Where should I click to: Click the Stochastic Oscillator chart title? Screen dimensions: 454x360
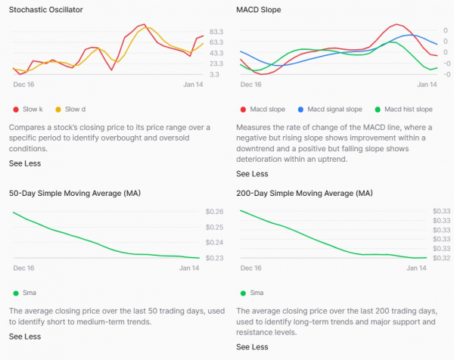[x=45, y=10]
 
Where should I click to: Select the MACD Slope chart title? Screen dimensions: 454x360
[x=259, y=10]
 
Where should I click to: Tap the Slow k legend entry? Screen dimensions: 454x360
[x=28, y=109]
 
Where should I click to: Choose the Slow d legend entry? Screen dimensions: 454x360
[x=70, y=109]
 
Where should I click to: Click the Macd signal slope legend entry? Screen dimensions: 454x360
[x=330, y=109]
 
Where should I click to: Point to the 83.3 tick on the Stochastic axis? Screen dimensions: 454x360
[x=216, y=32]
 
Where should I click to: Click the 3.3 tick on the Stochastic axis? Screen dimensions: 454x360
[x=214, y=74]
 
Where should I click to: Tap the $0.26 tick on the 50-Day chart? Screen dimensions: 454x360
[x=215, y=212]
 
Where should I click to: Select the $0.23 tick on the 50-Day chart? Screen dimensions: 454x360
[x=215, y=258]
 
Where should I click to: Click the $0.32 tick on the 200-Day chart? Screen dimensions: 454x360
[x=442, y=258]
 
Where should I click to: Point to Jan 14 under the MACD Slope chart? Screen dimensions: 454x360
[x=427, y=85]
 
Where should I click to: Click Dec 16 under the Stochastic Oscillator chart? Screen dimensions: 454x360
[x=23, y=85]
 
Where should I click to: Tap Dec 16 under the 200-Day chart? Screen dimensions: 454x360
[x=250, y=268]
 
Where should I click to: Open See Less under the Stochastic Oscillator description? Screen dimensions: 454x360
[x=25, y=163]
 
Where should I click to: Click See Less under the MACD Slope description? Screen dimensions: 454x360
[x=252, y=174]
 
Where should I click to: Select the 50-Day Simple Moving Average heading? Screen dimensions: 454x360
[x=75, y=193]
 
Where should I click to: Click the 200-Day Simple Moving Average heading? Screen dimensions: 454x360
[x=304, y=193]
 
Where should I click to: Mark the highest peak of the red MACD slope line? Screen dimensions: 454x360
[x=396, y=24]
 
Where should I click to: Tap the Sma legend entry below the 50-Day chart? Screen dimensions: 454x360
[x=25, y=293]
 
